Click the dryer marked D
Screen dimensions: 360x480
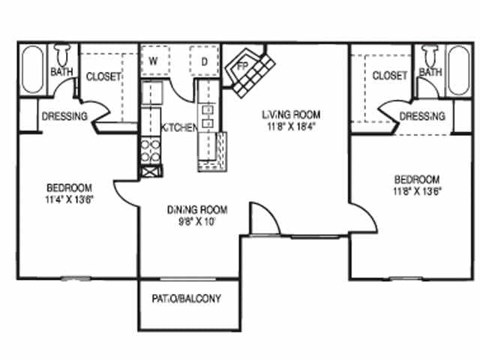pos(203,60)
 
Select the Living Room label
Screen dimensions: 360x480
pos(290,115)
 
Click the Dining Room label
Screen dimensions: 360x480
pos(196,209)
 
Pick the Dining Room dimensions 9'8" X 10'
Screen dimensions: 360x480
pos(196,222)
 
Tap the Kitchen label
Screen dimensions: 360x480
pos(180,127)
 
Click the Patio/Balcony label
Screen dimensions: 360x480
pos(187,298)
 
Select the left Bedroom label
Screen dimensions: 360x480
pos(69,187)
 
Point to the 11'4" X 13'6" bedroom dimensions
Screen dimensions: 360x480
pos(69,199)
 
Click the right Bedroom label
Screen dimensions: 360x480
pos(417,179)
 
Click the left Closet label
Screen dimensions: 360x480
pos(103,76)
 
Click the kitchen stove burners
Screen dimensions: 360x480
pos(150,148)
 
